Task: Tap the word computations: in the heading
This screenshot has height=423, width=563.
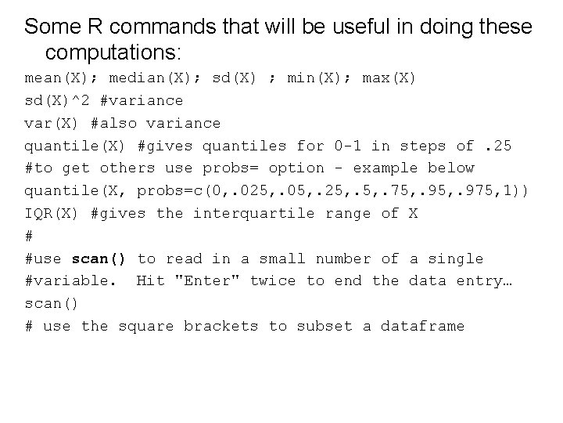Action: click(113, 53)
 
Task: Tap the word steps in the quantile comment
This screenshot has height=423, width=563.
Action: click(423, 146)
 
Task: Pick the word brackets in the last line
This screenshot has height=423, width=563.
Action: click(221, 326)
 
